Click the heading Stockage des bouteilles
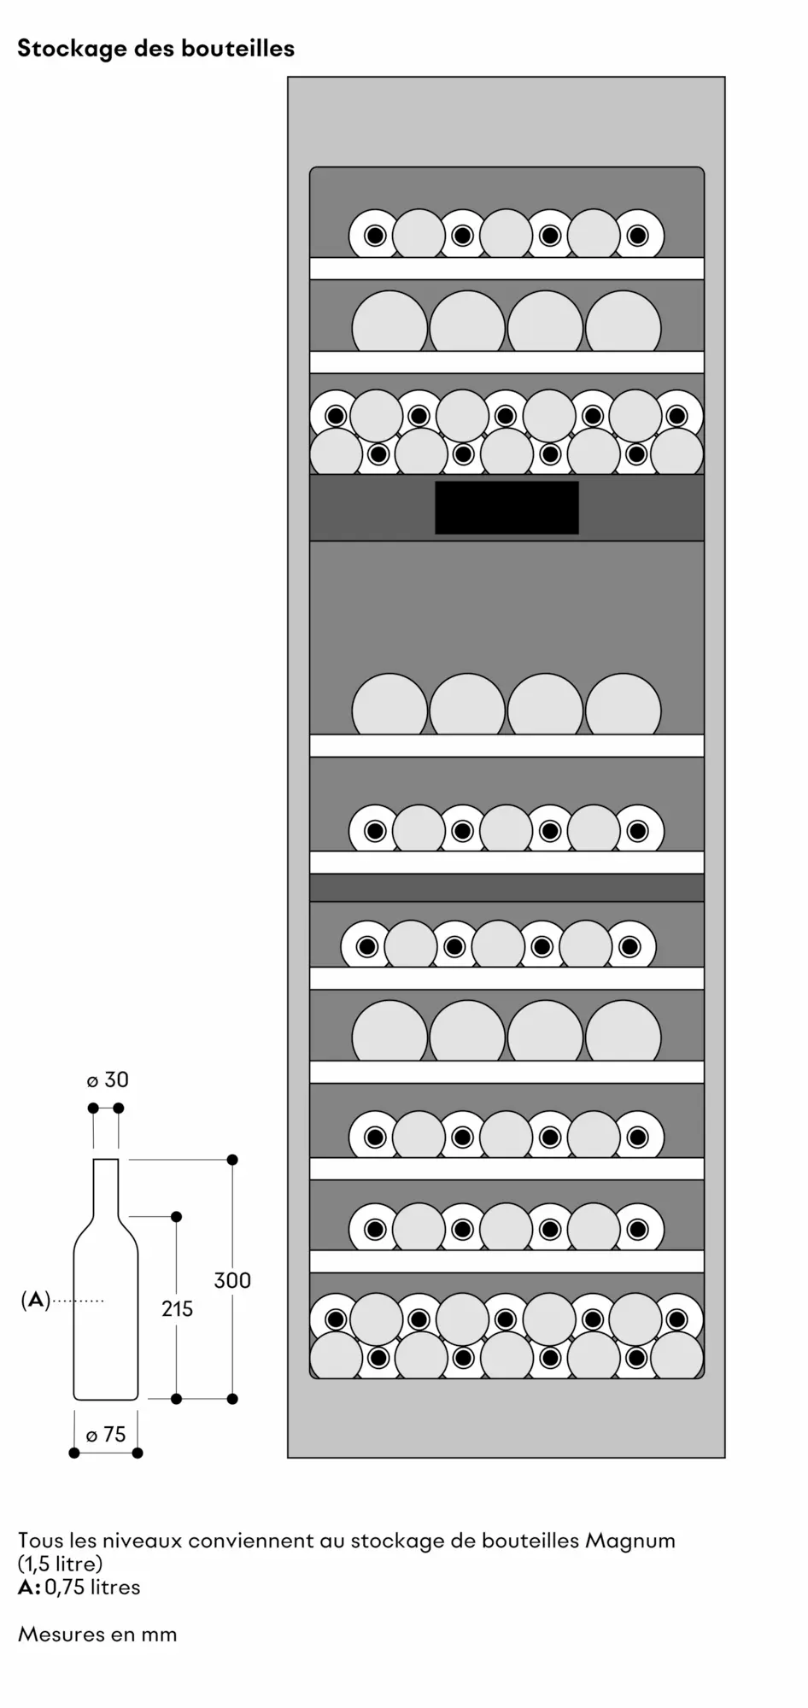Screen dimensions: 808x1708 click(156, 49)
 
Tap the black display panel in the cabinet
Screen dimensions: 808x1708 click(506, 507)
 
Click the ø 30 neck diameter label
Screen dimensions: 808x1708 click(108, 1080)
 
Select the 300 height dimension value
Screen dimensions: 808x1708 click(232, 1280)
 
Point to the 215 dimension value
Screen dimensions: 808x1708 click(177, 1308)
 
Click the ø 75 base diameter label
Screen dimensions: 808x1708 click(106, 1435)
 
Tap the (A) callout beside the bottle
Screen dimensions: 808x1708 click(35, 1301)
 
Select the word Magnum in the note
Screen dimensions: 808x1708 click(630, 1541)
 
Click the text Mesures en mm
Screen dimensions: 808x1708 click(97, 1634)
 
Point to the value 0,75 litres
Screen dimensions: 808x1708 click(92, 1587)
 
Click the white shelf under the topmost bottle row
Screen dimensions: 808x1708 click(506, 268)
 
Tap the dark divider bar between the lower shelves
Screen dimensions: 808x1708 click(506, 887)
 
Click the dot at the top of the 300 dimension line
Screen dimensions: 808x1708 click(232, 1160)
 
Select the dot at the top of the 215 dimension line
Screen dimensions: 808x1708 click(177, 1216)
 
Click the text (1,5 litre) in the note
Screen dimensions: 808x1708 click(60, 1564)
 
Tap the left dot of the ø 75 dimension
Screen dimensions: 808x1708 click(74, 1453)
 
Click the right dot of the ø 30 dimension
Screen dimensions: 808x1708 click(119, 1108)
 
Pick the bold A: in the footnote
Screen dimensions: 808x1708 click(29, 1587)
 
